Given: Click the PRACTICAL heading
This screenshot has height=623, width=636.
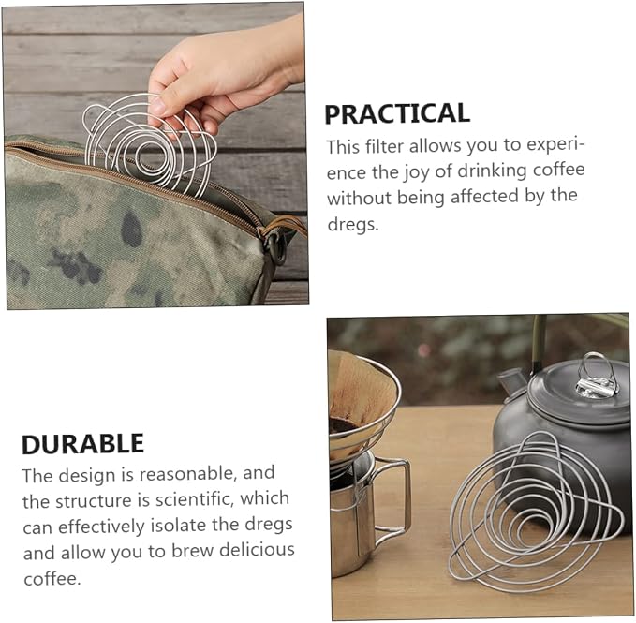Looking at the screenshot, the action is click(x=397, y=113).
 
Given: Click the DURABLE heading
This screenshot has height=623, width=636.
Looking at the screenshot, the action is click(x=82, y=444).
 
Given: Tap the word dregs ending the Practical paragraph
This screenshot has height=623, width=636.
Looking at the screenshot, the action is click(x=352, y=224).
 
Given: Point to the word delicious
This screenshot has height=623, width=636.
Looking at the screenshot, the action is click(x=257, y=551).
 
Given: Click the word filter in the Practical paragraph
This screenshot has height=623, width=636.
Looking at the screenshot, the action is click(x=382, y=146).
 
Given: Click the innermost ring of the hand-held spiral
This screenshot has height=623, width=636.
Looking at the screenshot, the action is click(x=151, y=156).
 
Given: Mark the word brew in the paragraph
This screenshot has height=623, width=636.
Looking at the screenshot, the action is click(x=192, y=551).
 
